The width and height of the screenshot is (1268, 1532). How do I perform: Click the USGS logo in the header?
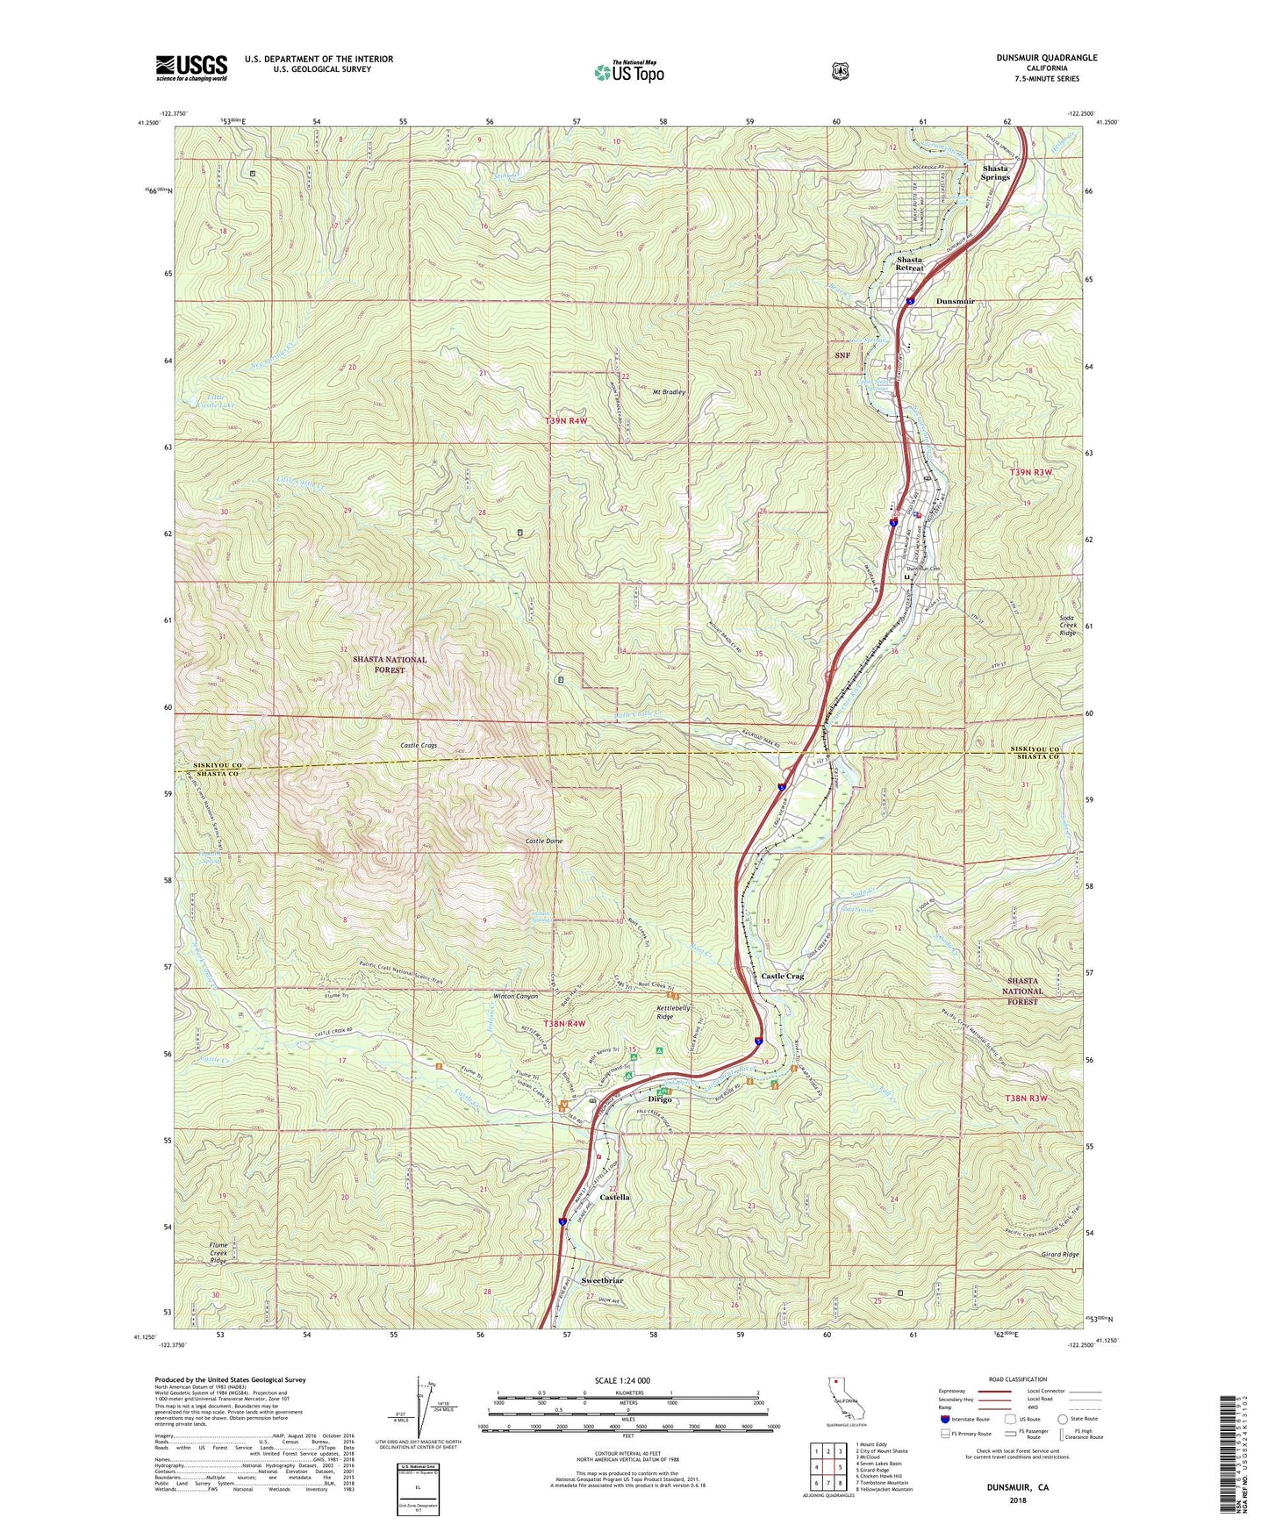pos(191,68)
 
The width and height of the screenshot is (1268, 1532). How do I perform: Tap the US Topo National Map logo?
pos(628,71)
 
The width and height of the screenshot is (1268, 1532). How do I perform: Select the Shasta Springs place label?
pos(995,172)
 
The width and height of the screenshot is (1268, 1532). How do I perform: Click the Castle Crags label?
pos(419,745)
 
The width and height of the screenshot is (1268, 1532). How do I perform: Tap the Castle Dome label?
pos(544,841)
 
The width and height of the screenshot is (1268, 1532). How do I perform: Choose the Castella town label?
pos(614,1197)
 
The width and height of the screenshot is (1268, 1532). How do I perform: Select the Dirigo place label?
pos(659,1099)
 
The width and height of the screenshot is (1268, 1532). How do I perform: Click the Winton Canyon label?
pos(515,997)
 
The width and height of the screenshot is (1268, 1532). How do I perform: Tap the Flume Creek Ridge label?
pos(218,1253)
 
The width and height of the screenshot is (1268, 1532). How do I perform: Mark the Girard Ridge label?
pos(1059,1255)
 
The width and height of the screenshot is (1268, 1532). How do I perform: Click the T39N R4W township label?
pos(565,421)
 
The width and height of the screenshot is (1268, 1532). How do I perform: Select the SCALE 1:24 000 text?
pos(622,1380)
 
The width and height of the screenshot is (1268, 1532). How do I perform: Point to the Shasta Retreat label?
pos(909,264)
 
